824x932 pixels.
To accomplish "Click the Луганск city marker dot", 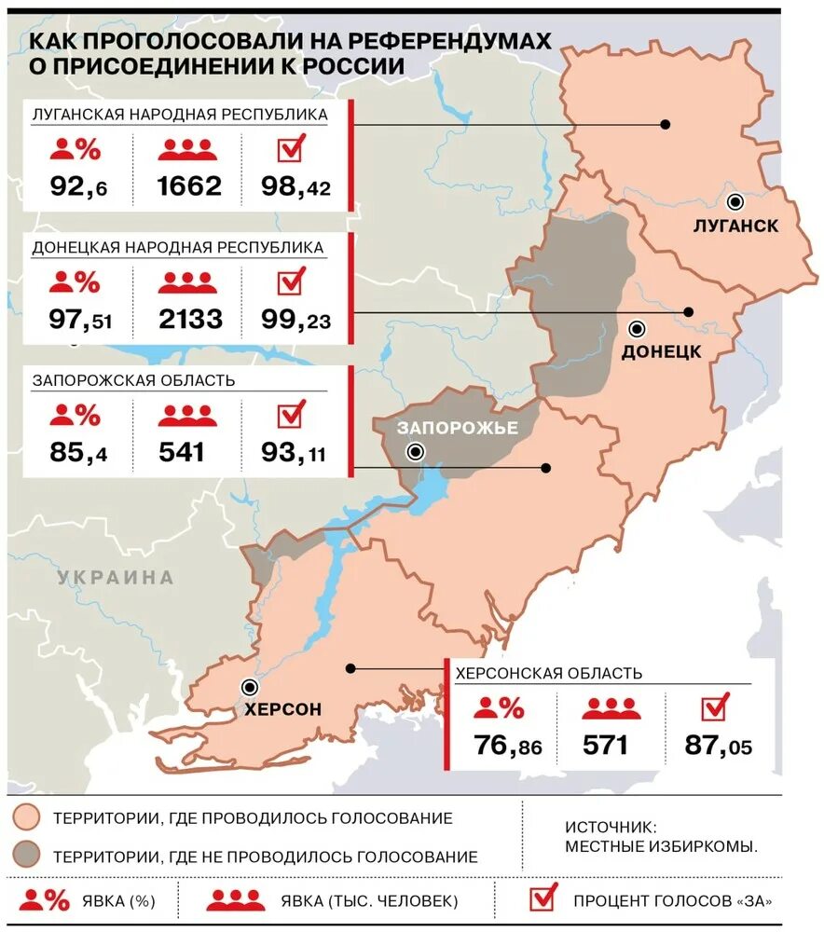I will [736, 201].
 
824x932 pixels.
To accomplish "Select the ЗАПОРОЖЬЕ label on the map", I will [457, 428].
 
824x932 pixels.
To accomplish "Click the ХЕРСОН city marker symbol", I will [250, 688].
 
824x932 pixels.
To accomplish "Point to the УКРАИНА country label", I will [116, 577].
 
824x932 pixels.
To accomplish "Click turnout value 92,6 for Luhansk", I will [78, 186].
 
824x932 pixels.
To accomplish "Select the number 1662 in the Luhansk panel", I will [190, 185].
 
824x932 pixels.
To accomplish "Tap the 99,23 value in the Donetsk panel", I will [296, 320].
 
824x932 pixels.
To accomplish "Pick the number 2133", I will [190, 320].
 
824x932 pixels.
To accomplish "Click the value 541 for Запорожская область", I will [182, 453].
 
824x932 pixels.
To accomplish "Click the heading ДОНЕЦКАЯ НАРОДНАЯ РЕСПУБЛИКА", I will [178, 248].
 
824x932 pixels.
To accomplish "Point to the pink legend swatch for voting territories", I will [27, 817].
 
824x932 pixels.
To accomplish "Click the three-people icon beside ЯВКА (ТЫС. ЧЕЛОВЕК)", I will [235, 900].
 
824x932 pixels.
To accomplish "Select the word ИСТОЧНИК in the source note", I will [611, 827].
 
